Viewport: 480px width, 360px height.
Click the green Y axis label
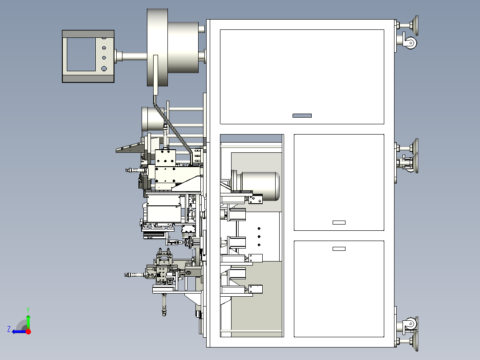pyautogui.click(x=28, y=310)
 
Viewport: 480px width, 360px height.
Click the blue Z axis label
pyautogui.click(x=9, y=329)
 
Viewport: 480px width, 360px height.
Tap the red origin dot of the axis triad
pyautogui.click(x=28, y=331)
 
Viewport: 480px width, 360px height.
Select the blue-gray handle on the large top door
pyautogui.click(x=302, y=115)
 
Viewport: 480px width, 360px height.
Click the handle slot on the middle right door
pyautogui.click(x=339, y=222)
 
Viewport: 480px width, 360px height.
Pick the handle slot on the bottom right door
pyautogui.click(x=339, y=249)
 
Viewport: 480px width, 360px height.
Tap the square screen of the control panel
pyautogui.click(x=81, y=54)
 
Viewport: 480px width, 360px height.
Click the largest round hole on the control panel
pyautogui.click(x=104, y=69)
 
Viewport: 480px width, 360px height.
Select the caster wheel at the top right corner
pyautogui.click(x=410, y=43)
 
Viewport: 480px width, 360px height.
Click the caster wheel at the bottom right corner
pyautogui.click(x=410, y=323)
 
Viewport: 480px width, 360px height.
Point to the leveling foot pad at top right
pyautogui.click(x=415, y=25)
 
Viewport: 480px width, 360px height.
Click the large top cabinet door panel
pyautogui.click(x=302, y=77)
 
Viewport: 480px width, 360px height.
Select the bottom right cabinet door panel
pyautogui.click(x=339, y=289)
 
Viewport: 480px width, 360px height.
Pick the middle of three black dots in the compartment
pyautogui.click(x=259, y=237)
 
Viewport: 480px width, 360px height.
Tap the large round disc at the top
pyautogui.click(x=157, y=48)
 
